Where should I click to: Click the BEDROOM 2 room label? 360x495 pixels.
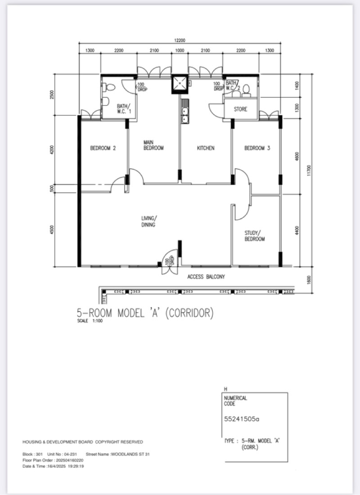point(103,148)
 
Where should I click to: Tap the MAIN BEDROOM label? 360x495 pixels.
point(153,145)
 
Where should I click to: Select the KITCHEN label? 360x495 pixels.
point(206,148)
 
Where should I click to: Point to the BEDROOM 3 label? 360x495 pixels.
point(257,148)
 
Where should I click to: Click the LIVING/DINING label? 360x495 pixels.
point(149,221)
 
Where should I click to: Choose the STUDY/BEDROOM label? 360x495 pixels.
point(255,236)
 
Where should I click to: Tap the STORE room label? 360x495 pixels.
point(240,109)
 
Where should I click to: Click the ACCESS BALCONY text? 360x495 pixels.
point(206,277)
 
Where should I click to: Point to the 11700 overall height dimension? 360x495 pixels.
point(309,171)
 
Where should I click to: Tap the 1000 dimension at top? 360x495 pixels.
point(180,51)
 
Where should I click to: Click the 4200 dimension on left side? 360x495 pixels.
point(53,150)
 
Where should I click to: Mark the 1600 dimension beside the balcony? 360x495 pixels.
point(309,280)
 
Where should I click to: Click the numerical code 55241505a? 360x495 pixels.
point(242,419)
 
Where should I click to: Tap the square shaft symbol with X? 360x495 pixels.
point(180,83)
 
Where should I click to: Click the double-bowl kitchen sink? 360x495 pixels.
point(184,113)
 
